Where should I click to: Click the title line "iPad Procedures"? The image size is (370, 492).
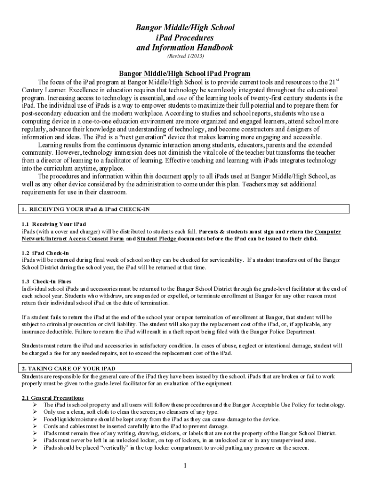[x=185, y=37]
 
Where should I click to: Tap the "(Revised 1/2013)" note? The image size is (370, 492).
[x=185, y=57]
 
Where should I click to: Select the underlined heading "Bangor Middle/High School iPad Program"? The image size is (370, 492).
[x=185, y=74]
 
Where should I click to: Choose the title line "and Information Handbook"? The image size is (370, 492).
[x=185, y=48]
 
